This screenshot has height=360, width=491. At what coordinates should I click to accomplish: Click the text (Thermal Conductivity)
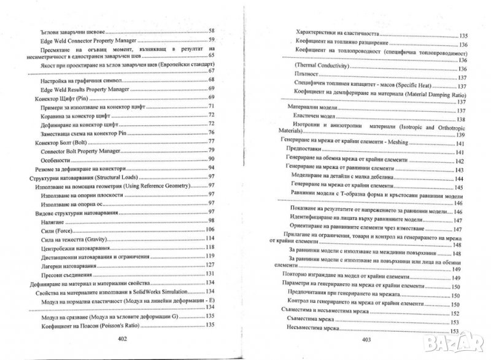pos(323,66)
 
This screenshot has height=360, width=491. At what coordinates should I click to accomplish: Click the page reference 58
pos(212,30)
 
